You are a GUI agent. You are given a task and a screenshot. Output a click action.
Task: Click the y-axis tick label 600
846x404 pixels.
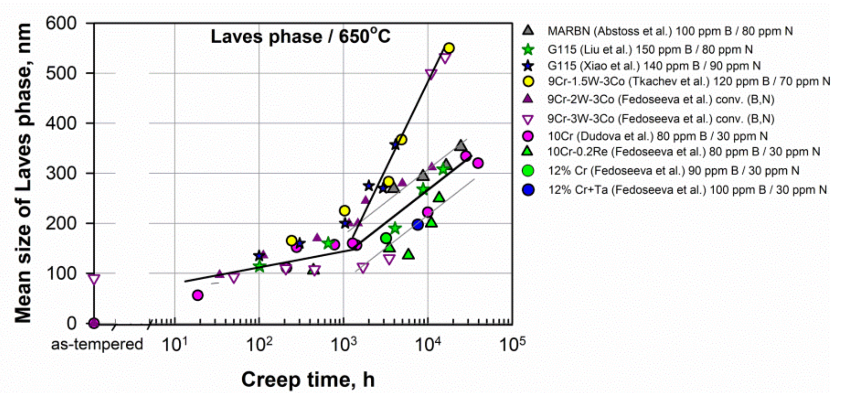coord(61,23)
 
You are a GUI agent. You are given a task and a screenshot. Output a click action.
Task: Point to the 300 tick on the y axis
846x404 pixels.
coord(61,173)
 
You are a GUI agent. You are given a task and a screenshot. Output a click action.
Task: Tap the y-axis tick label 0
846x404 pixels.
coord(72,323)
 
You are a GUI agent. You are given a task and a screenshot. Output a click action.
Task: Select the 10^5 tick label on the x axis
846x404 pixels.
coord(512,344)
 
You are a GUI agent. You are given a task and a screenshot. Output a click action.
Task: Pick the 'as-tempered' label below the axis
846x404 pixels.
coord(97,344)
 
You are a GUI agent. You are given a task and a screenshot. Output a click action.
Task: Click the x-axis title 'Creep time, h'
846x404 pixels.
coord(308,380)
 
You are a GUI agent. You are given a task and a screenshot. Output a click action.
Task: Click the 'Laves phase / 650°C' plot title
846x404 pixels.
coord(301,36)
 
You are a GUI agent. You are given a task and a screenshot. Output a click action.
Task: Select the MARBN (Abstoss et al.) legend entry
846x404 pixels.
coord(670,31)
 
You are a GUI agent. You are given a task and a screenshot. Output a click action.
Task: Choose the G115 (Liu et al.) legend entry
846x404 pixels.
coord(650,50)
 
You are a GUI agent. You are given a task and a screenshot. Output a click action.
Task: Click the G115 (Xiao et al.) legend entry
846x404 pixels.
coord(654,66)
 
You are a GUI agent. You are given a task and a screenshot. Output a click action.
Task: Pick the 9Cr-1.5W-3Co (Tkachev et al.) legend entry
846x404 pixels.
coord(688,82)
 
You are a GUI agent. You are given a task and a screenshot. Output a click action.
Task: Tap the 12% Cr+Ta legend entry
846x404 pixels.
coord(687,190)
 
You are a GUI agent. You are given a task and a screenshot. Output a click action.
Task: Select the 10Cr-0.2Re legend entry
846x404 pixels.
coord(683,152)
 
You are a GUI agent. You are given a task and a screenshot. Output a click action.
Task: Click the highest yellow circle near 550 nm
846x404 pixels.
coord(449,48)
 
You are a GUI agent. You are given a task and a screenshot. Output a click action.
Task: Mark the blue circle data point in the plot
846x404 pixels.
coord(418,224)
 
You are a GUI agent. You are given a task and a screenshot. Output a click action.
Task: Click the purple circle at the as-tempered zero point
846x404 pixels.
coord(94,323)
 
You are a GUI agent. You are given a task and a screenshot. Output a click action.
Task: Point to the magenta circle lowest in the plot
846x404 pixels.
coord(198,295)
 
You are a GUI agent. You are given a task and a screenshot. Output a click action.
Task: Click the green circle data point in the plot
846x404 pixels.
coord(386,239)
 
